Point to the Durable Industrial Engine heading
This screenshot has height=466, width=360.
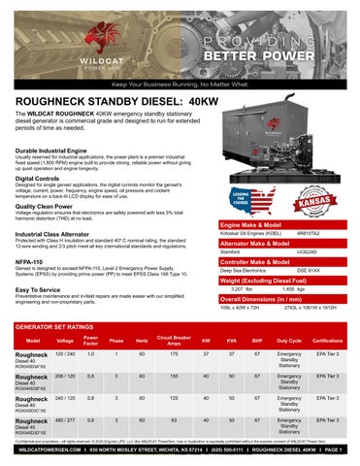tap(59, 151)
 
